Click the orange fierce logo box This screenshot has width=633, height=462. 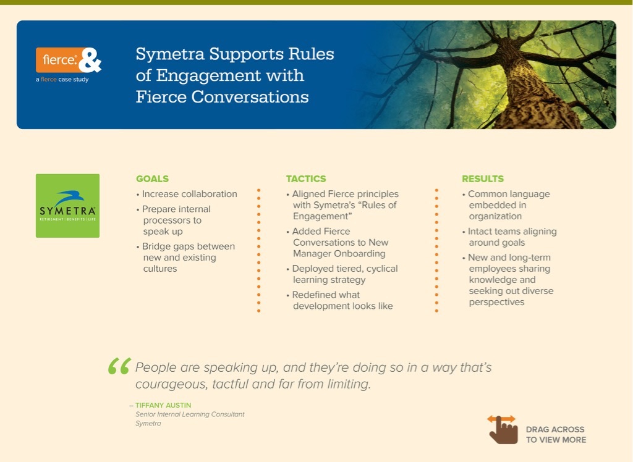pyautogui.click(x=57, y=60)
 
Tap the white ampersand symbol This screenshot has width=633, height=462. pyautogui.click(x=90, y=60)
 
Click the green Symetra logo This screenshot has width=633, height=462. pyautogui.click(x=67, y=206)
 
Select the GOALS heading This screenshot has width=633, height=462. pyautogui.click(x=152, y=178)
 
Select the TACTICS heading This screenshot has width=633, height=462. pyautogui.click(x=305, y=178)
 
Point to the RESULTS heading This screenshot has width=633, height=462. pyautogui.click(x=482, y=178)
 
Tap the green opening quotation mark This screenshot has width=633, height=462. pyautogui.click(x=119, y=366)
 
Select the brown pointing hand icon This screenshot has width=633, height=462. pyautogui.click(x=503, y=430)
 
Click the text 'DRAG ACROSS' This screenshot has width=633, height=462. pyautogui.click(x=554, y=429)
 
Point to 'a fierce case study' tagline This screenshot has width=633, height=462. pyautogui.click(x=62, y=80)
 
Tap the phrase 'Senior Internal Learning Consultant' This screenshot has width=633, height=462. pyautogui.click(x=190, y=414)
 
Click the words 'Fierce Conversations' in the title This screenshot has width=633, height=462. pyautogui.click(x=222, y=97)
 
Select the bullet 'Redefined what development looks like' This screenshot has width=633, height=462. pyautogui.click(x=342, y=300)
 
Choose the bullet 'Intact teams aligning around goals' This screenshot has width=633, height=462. pyautogui.click(x=512, y=237)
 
